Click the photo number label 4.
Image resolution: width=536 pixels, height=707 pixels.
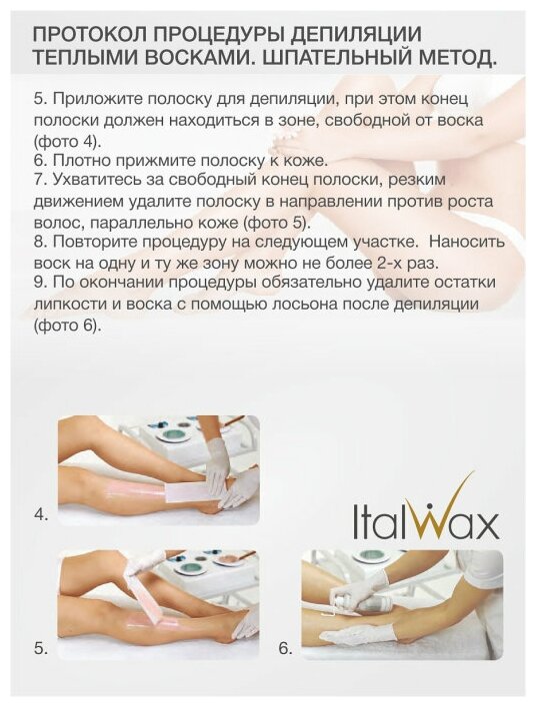(x=42, y=514)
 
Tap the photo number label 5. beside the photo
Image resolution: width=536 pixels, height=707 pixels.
(x=41, y=649)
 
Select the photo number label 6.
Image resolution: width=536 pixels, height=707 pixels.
(x=285, y=649)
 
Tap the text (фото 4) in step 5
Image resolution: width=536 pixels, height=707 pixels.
(x=66, y=141)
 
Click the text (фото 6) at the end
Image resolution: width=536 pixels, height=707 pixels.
(x=66, y=326)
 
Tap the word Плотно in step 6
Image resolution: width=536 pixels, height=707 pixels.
(x=79, y=160)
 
